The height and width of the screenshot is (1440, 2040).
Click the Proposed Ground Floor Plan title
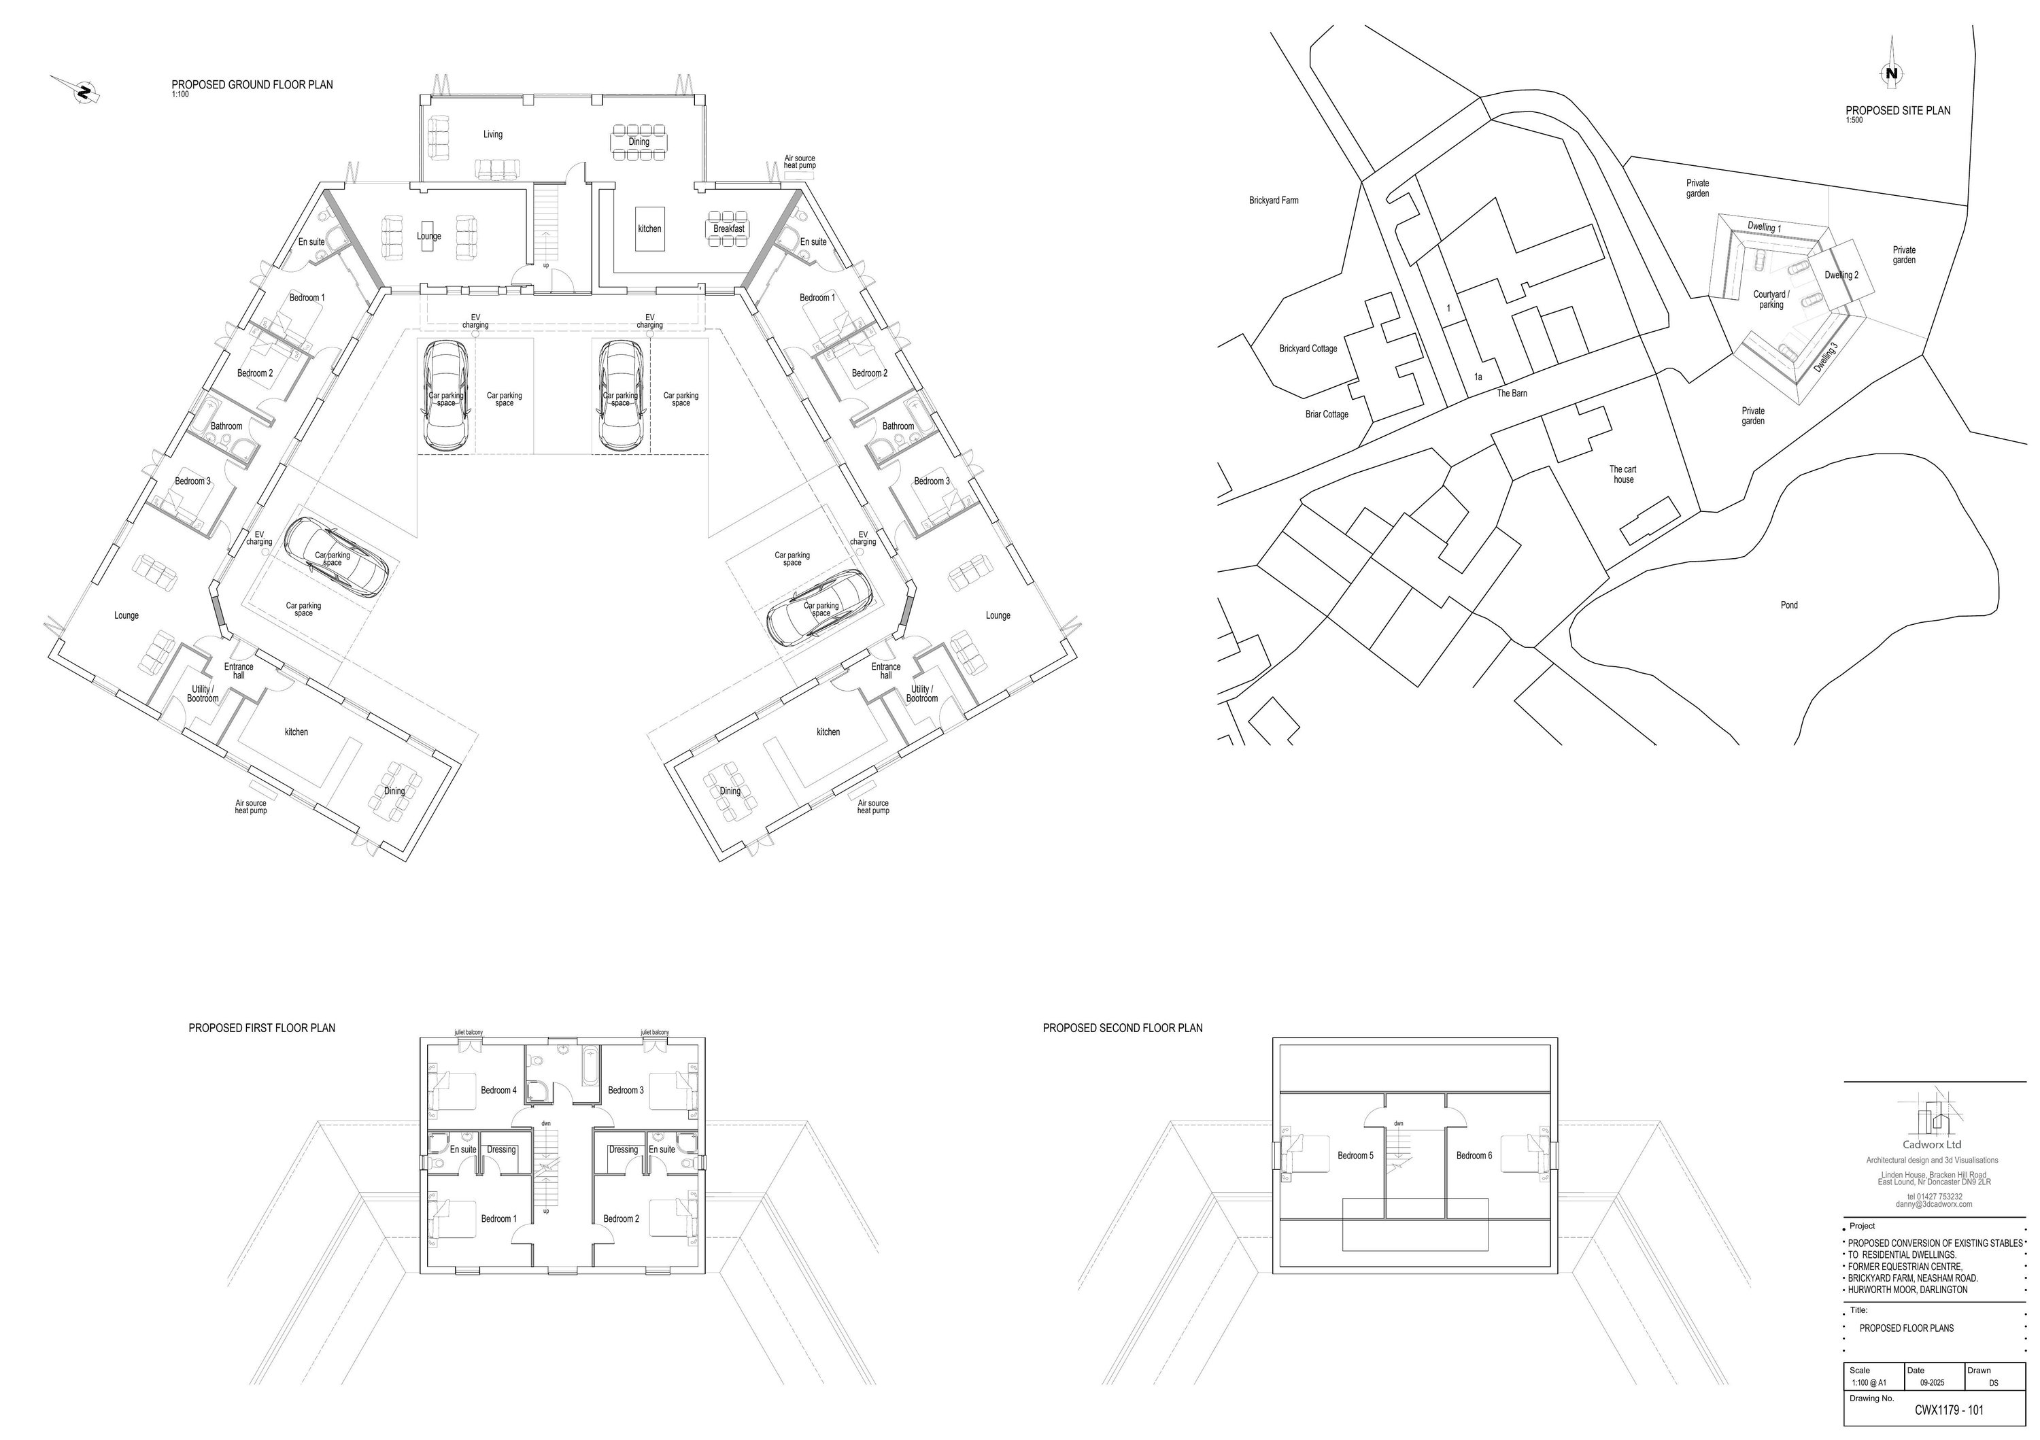[252, 85]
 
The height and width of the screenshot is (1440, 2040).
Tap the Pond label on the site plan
[1788, 605]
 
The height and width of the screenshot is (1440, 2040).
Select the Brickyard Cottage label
[1308, 349]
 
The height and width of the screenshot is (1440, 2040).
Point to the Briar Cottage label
[1327, 415]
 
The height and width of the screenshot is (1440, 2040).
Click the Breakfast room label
[728, 229]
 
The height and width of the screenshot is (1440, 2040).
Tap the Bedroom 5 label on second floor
[1355, 1156]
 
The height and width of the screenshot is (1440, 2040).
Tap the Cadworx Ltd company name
[1931, 1145]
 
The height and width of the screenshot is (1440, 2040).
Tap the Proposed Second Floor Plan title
[1122, 1029]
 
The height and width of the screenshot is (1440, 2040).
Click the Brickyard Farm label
[1273, 201]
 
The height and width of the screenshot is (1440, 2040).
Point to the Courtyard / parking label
[1771, 299]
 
